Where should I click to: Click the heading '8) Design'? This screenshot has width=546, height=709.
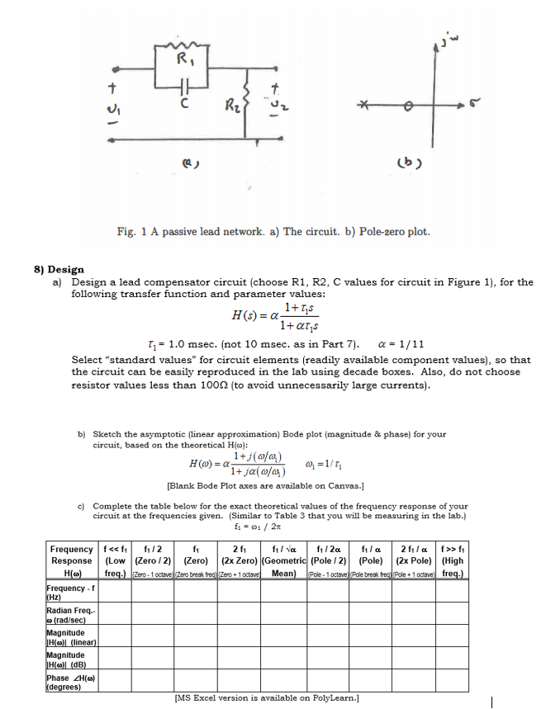pos(58,269)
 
